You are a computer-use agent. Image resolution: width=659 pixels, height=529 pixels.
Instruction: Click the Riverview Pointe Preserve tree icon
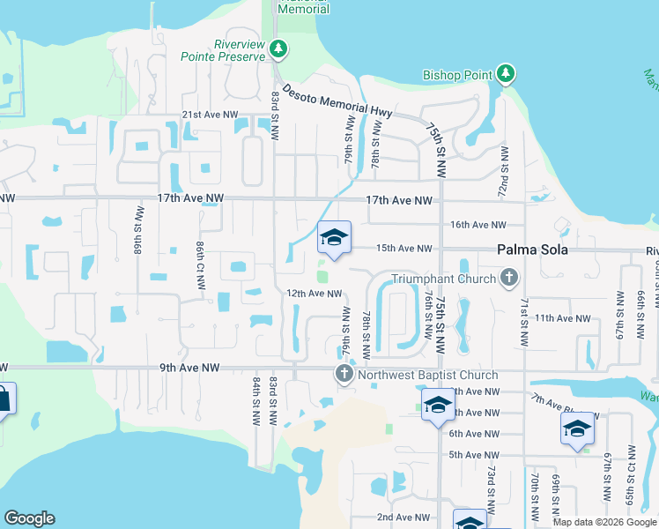[278, 48]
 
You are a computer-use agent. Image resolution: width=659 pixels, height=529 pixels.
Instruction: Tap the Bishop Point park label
[456, 75]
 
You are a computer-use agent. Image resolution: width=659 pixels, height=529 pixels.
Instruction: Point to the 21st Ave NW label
[210, 115]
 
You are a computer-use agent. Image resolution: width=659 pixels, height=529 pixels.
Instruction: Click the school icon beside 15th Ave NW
[334, 238]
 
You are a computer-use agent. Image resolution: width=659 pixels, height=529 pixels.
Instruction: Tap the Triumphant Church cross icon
[508, 279]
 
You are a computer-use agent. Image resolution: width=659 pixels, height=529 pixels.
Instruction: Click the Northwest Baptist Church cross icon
[344, 375]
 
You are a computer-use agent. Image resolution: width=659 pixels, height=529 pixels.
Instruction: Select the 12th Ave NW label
[313, 294]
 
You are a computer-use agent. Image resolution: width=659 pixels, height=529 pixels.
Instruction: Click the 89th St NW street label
[139, 230]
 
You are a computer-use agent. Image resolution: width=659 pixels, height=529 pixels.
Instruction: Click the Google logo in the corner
[29, 518]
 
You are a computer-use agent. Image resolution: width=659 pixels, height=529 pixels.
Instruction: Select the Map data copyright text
[604, 522]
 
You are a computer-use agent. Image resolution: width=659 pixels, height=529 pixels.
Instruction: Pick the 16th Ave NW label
[478, 226]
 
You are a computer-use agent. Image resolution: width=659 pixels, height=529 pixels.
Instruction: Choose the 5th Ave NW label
[474, 455]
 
